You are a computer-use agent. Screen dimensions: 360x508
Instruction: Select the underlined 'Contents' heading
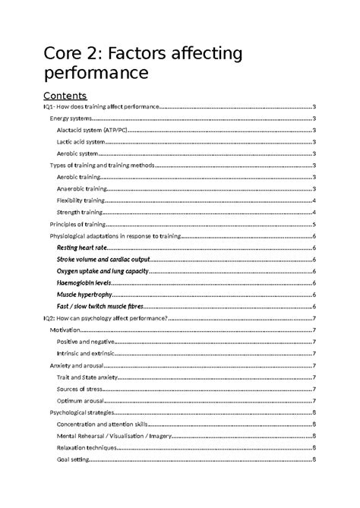(x=65, y=96)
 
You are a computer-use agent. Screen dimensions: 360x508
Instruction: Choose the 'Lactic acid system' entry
(x=81, y=141)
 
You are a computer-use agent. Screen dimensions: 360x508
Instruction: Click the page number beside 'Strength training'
(x=314, y=212)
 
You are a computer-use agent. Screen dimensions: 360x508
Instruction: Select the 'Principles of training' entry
(x=77, y=224)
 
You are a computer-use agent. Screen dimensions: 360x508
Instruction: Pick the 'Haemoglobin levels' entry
(x=84, y=282)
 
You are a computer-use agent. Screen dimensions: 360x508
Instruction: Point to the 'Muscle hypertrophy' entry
(x=84, y=294)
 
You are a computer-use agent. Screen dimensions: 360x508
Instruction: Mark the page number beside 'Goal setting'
(x=314, y=459)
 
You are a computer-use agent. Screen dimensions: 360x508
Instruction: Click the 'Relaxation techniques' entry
(x=86, y=448)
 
